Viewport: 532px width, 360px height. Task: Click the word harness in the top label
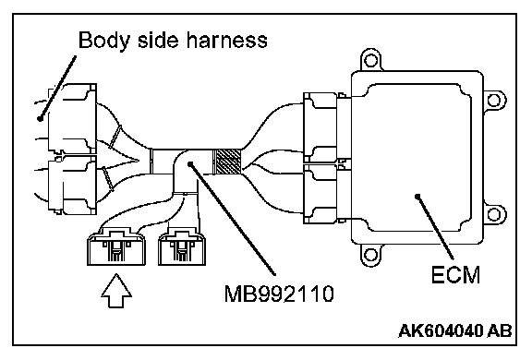[x=226, y=40]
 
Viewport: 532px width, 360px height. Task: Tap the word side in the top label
[x=158, y=40]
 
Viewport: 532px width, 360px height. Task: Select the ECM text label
[x=455, y=274]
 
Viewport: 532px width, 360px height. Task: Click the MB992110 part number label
[x=279, y=294]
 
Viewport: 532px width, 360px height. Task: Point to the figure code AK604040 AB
[x=455, y=330]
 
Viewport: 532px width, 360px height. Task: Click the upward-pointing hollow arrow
[x=116, y=291]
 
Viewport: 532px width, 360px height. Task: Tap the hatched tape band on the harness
[x=226, y=162]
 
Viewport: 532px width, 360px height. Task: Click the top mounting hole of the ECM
[x=370, y=61]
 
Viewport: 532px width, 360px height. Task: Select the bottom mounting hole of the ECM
[x=370, y=255]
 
